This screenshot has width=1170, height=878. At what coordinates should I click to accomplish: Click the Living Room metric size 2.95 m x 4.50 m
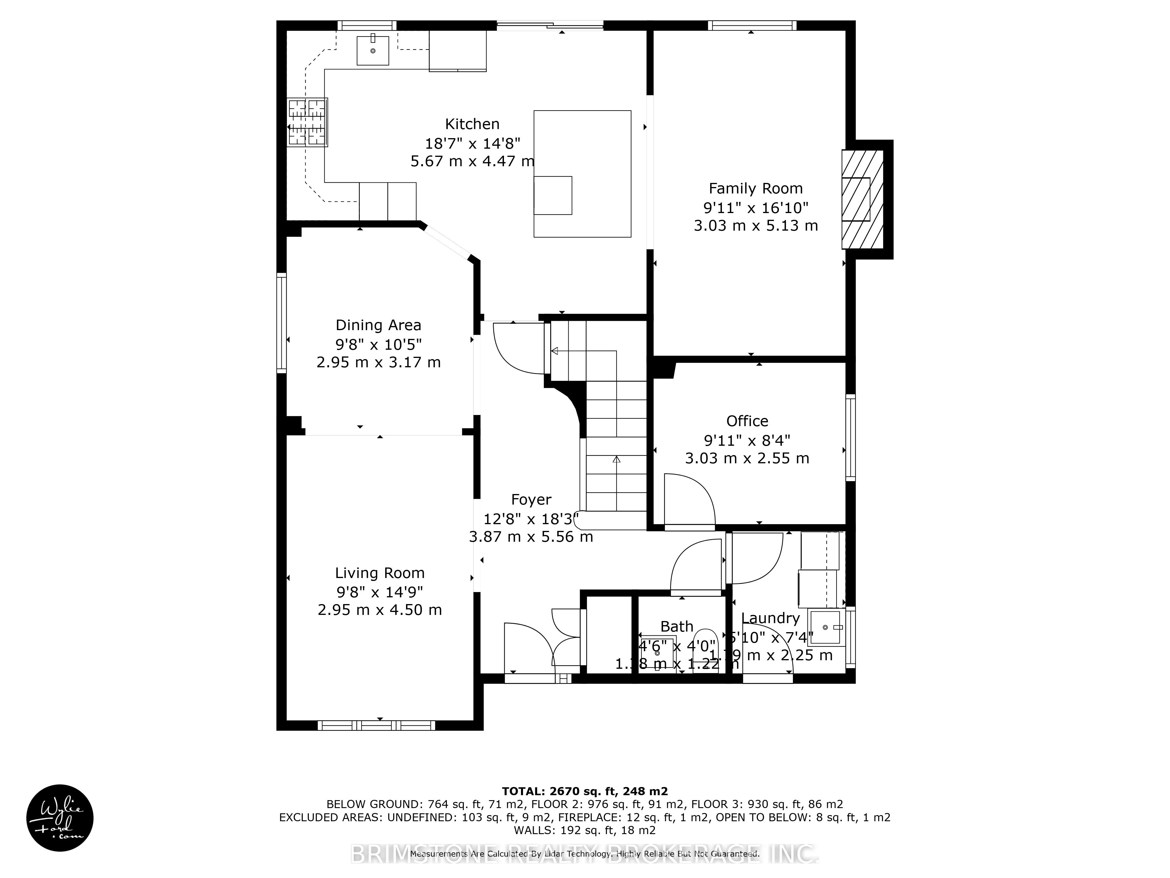coord(379,610)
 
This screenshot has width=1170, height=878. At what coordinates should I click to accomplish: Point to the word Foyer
coord(531,500)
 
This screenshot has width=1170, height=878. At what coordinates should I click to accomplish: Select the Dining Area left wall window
coord(281,323)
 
